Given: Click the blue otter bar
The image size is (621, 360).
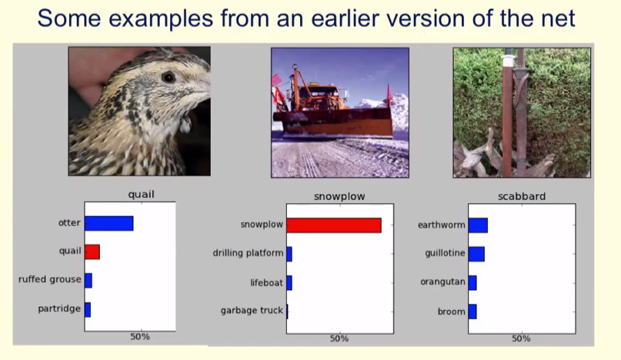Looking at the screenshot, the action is pos(109,223).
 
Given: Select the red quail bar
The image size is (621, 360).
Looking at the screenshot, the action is pos(92,252).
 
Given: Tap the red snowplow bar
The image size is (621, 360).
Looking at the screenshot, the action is pos(334,225).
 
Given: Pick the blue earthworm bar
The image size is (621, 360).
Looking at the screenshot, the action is pos(478,225).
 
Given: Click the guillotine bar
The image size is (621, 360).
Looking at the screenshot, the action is pos(476,254).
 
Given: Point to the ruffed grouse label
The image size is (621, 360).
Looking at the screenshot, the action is pos(49,279).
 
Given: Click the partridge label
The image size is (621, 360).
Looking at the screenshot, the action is pos(59,308).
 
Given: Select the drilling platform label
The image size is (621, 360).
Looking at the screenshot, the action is pos(248,253).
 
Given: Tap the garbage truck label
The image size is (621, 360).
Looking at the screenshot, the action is pos(252,311).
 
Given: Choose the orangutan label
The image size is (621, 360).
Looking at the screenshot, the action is pos(442,282).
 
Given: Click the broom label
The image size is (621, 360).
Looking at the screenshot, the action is pos(452,312).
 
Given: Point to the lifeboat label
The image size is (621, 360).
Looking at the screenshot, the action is pos(266,283).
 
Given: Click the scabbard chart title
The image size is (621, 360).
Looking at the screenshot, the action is pos(522,196).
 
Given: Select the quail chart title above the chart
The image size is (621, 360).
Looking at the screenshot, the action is pos(141,195).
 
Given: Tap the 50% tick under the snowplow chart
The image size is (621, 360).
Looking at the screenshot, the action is pos(339,338).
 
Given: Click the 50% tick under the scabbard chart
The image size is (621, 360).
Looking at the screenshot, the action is pos(521,338).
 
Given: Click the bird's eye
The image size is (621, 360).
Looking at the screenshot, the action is pos(169,77).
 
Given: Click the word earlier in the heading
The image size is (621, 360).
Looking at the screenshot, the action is pos(352,18).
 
